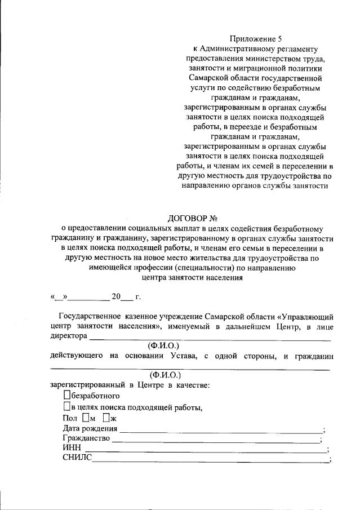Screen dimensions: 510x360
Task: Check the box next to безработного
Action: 68,396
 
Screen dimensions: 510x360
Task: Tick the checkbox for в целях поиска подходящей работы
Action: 68,407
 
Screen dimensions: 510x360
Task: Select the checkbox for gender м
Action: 85,418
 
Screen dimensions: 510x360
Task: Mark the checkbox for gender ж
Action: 106,418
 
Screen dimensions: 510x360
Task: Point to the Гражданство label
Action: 86,440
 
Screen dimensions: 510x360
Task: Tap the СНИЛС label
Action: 77,460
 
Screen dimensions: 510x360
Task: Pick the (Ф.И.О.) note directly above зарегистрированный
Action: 165,375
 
